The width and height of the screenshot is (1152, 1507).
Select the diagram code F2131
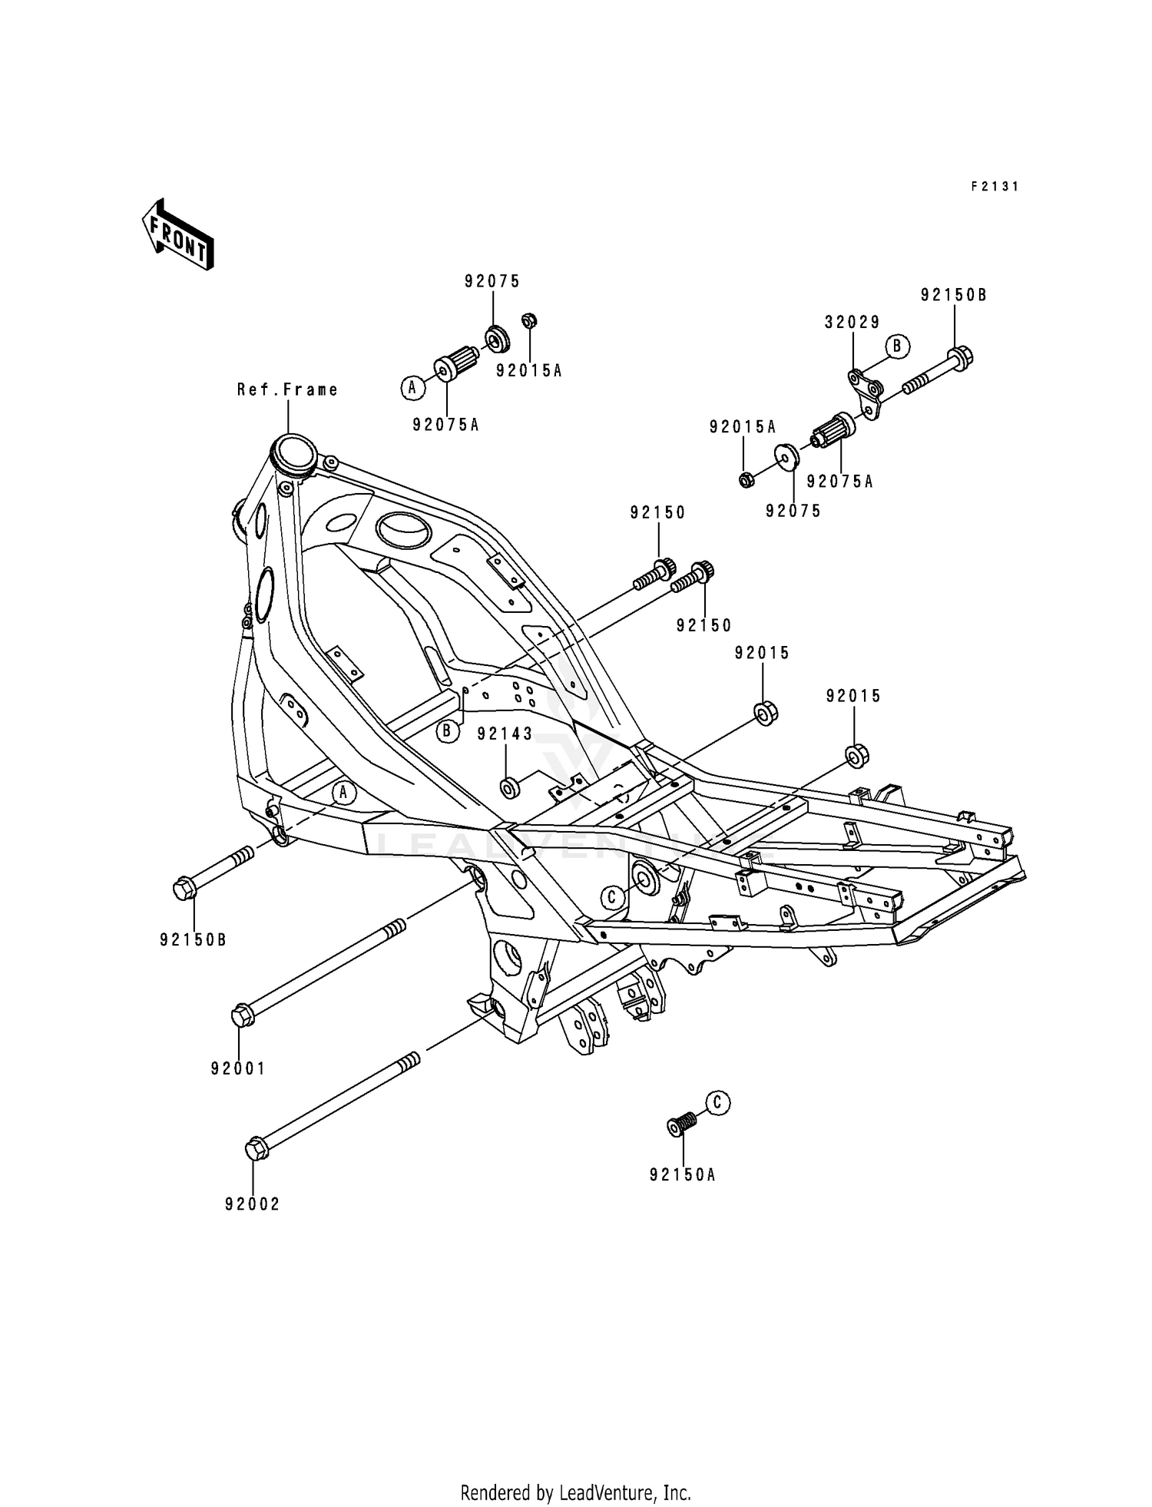(994, 187)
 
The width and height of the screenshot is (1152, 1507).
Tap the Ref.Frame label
(287, 390)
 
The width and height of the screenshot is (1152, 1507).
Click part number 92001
(238, 1068)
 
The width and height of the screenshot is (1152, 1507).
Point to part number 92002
(252, 1204)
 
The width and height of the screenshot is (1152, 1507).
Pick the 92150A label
(682, 1174)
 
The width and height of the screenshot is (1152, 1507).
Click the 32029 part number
(852, 323)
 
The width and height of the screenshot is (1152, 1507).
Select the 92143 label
(505, 734)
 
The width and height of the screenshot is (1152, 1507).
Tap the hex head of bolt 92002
(256, 1150)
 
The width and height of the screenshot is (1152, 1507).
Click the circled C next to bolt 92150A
(717, 1103)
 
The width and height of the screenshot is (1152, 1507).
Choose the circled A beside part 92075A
(412, 388)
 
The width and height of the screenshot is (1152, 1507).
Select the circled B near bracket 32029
(896, 346)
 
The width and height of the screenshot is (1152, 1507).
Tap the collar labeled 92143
(508, 788)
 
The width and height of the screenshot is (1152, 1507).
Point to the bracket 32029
(866, 392)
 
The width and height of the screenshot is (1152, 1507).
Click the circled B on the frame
(448, 731)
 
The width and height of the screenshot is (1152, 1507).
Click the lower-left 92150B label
(193, 939)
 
